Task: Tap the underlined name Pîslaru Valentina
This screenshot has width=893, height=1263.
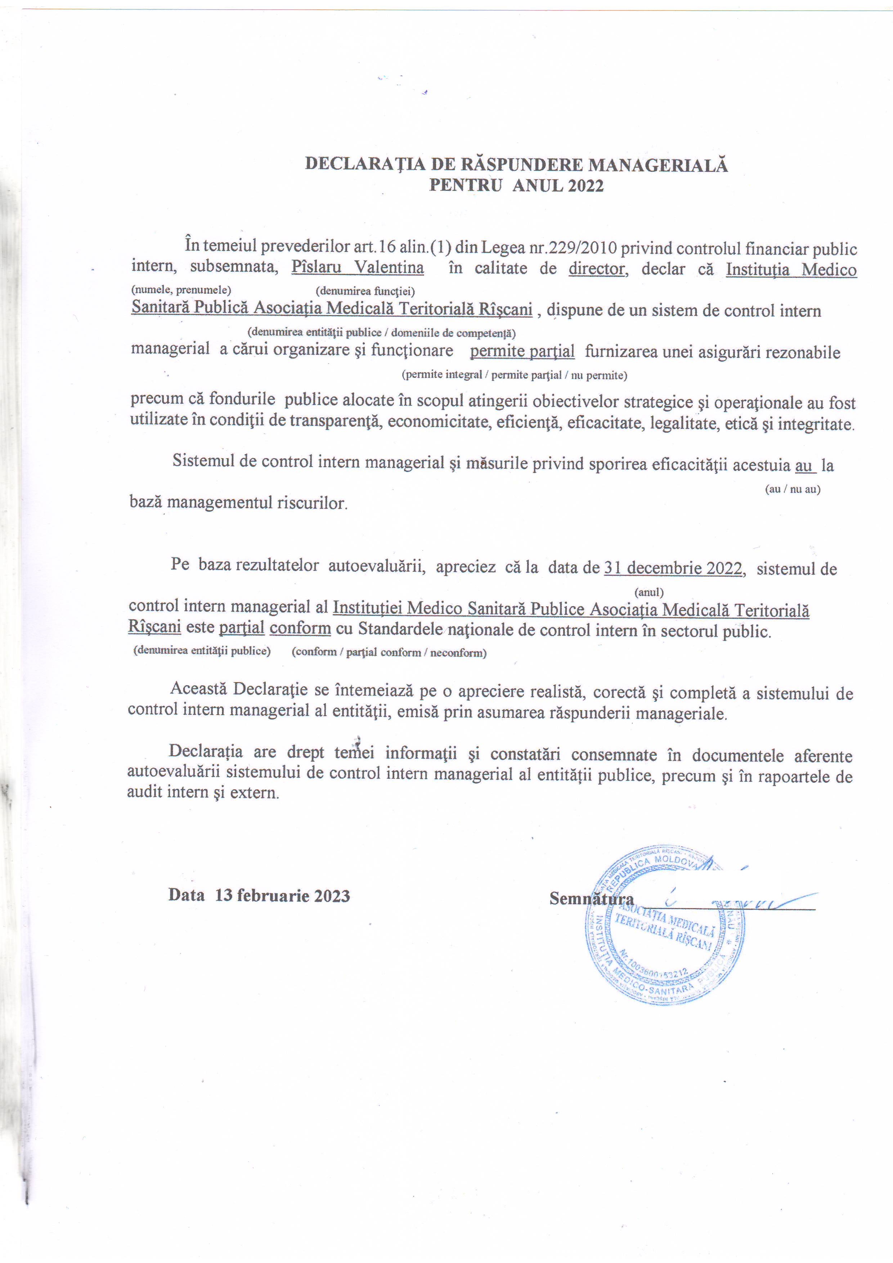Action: coord(358,269)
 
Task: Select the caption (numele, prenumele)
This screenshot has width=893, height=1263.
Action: coord(181,290)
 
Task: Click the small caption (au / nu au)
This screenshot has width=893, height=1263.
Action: coord(793,489)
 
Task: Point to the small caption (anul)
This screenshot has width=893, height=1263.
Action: coord(649,592)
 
